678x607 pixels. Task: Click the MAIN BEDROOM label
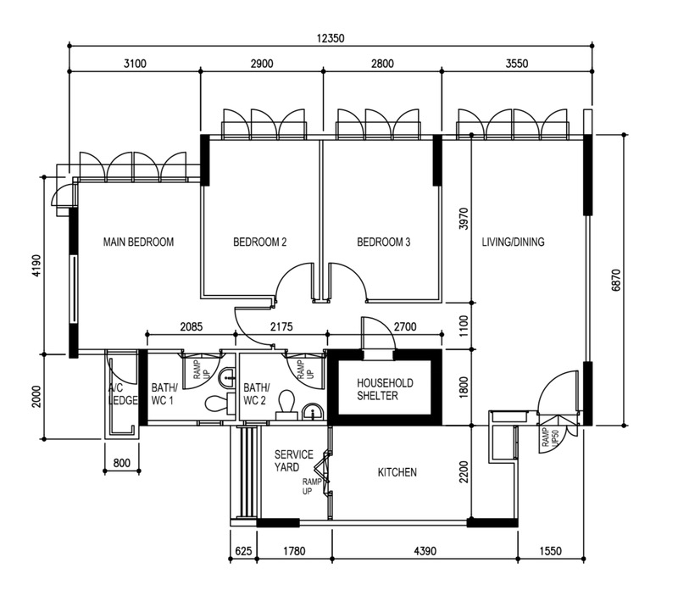(138, 242)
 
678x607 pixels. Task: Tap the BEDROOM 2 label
(260, 242)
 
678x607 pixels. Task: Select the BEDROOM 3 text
(384, 242)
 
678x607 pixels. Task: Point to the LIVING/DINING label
(514, 242)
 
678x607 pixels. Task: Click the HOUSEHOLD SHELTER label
(385, 389)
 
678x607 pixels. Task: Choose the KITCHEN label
(397, 472)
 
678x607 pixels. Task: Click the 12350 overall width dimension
(331, 38)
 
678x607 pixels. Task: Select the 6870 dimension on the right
(616, 281)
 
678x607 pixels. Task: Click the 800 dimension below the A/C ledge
(121, 463)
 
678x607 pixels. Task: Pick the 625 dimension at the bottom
(243, 551)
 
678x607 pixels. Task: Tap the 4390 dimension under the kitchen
(425, 551)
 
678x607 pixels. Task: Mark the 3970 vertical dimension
(464, 219)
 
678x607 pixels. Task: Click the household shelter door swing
(378, 333)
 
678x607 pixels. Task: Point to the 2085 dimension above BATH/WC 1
(192, 326)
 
